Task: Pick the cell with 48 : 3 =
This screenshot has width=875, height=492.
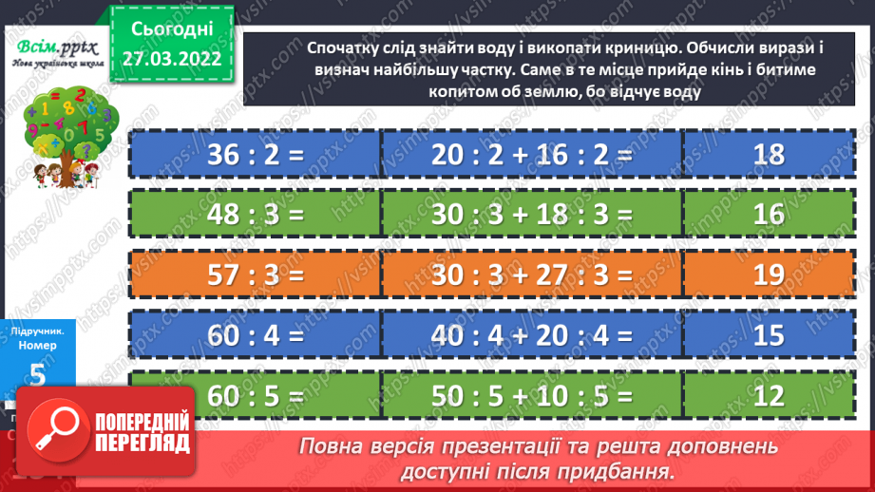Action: click(x=254, y=215)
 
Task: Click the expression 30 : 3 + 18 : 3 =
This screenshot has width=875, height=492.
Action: click(x=531, y=215)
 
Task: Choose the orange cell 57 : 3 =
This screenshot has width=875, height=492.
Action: click(x=254, y=274)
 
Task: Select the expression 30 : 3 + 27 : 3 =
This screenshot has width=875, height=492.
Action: click(x=531, y=274)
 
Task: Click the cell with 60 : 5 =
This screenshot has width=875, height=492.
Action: click(x=254, y=393)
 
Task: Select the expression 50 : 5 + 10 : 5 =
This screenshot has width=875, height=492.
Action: click(x=531, y=393)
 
